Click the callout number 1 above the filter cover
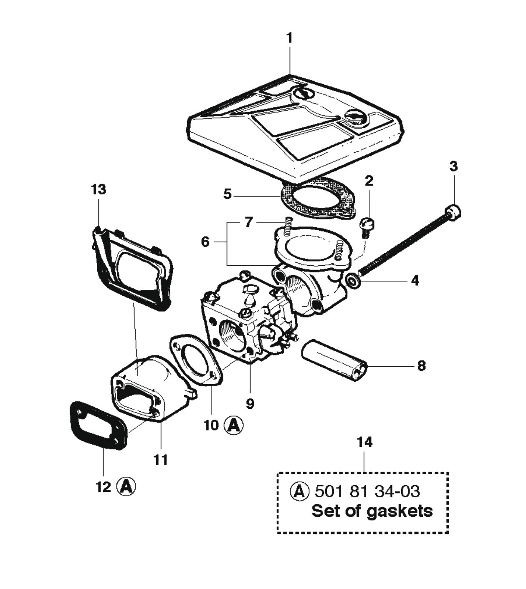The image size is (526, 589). [x=289, y=38]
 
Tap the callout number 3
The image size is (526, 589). [x=453, y=166]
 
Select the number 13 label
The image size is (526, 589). [x=99, y=189]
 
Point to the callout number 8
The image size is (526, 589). [x=421, y=366]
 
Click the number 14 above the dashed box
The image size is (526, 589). [x=364, y=442]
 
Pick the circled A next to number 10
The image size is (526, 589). [x=233, y=425]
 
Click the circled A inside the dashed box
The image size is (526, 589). [x=299, y=491]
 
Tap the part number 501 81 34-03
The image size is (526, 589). [x=367, y=491]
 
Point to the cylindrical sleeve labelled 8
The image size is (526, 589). [x=334, y=360]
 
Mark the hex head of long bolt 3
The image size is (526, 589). [x=453, y=211]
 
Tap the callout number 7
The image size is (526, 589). [x=249, y=222]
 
